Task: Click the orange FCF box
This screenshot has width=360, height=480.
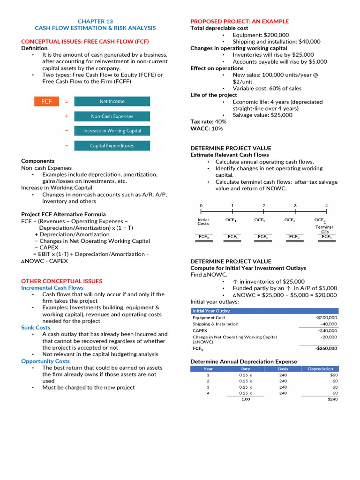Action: tap(46, 101)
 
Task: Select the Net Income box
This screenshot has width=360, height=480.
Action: tap(112, 101)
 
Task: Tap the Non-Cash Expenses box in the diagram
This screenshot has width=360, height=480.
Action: tap(112, 116)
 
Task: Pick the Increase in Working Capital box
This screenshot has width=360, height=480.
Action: tap(112, 131)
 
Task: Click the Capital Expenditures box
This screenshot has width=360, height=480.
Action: tap(112, 146)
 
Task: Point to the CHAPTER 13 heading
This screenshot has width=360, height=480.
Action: tap(95, 22)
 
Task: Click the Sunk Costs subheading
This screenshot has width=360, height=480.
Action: tap(36, 328)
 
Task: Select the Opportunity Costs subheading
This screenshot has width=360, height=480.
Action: tap(45, 361)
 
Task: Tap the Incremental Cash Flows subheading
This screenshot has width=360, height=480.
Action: tap(52, 288)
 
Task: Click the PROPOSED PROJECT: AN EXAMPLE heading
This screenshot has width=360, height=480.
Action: tap(239, 22)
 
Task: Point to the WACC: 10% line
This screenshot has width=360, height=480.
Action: tap(207, 128)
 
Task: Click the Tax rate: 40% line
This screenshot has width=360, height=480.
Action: tap(208, 121)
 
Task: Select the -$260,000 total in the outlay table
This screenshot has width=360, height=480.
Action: tap(326, 348)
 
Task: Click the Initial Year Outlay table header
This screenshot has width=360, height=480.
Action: tap(211, 311)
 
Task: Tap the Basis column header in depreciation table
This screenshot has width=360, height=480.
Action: tap(283, 369)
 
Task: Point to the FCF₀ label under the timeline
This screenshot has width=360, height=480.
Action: tap(204, 237)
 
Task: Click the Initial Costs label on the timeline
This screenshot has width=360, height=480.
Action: tap(203, 221)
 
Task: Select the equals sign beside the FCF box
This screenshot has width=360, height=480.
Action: tap(67, 101)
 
